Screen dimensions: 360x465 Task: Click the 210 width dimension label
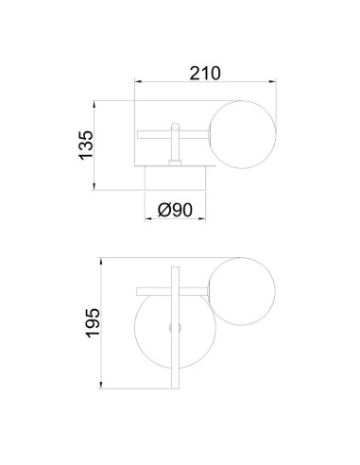[x=205, y=73]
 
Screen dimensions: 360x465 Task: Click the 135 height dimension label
[x=86, y=145]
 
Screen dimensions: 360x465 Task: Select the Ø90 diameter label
[x=175, y=210]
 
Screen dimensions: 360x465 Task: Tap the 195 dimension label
[x=94, y=323]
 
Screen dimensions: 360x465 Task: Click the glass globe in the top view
[x=243, y=134]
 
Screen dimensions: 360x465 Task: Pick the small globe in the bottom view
[x=242, y=291]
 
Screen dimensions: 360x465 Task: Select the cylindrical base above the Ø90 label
[x=175, y=179]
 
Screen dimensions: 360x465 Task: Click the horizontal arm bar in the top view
[x=173, y=135]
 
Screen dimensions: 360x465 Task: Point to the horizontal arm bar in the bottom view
[x=173, y=291]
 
